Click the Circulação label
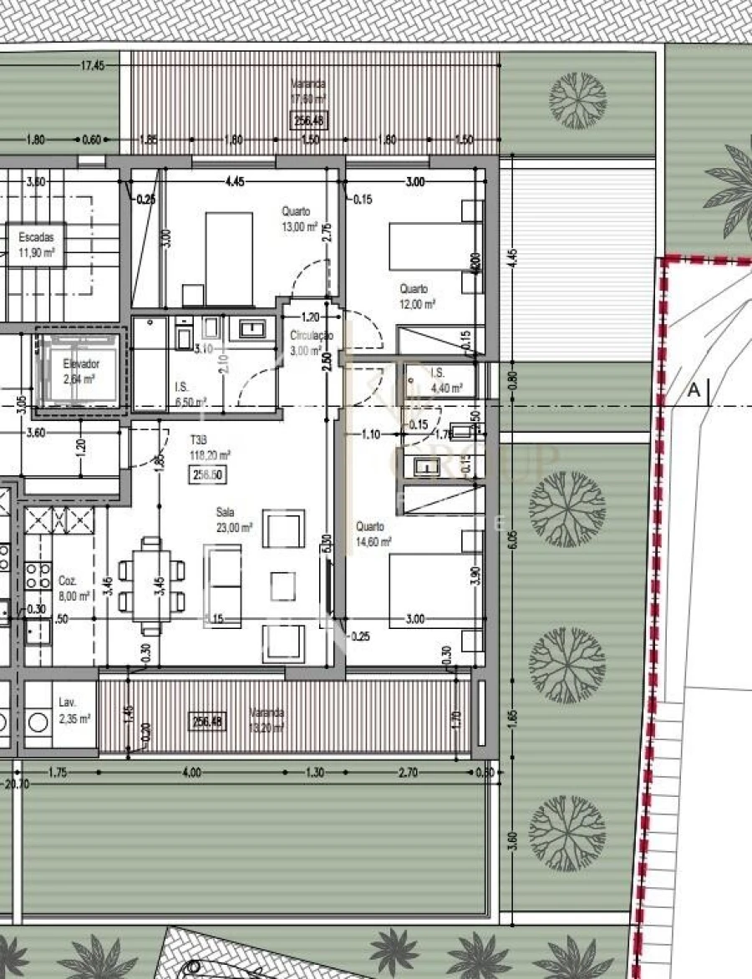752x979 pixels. click(x=311, y=342)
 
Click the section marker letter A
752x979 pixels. click(x=693, y=389)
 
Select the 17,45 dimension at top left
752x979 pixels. click(x=93, y=65)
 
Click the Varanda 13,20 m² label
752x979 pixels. click(x=267, y=719)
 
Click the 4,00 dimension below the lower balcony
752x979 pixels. click(x=191, y=773)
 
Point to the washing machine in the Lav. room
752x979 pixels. click(x=37, y=719)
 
